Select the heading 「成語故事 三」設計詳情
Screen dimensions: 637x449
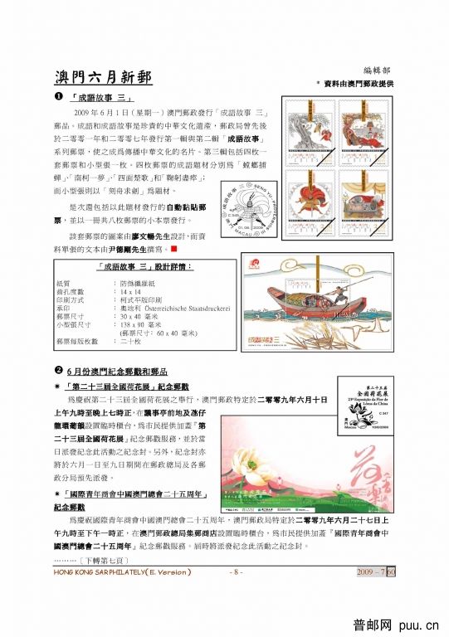145,266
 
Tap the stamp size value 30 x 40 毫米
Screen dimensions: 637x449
141,317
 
